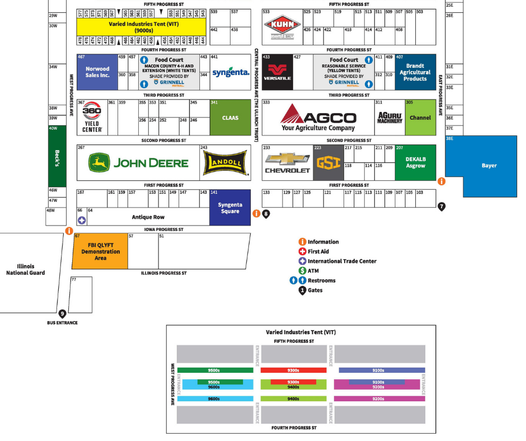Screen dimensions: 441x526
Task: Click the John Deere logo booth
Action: coord(138,163)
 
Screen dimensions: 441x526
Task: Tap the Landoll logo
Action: coord(225,163)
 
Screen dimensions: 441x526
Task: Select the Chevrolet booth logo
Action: coord(287,163)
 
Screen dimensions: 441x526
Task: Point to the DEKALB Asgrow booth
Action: coord(415,163)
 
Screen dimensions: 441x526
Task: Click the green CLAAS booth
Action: coord(230,118)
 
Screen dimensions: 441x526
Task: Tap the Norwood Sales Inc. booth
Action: coord(97,72)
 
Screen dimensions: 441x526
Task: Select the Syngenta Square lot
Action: coord(230,208)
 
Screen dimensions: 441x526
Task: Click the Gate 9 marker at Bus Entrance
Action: coord(62,314)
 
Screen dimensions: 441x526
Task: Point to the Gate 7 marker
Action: coord(442,206)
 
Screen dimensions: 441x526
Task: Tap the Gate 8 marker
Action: coord(266,213)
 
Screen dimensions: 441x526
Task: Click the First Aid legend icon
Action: coord(302,252)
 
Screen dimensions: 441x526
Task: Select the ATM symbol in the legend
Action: coord(302,271)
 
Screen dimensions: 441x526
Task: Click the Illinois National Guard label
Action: coord(25,269)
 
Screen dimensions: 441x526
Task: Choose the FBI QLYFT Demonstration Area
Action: coord(100,251)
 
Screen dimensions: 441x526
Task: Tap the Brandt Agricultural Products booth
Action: coord(415,72)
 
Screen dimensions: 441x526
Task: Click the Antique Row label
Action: coord(148,217)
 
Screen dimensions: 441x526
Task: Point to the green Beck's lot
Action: coord(57,156)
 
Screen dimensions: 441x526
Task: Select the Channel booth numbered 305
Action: coord(420,118)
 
